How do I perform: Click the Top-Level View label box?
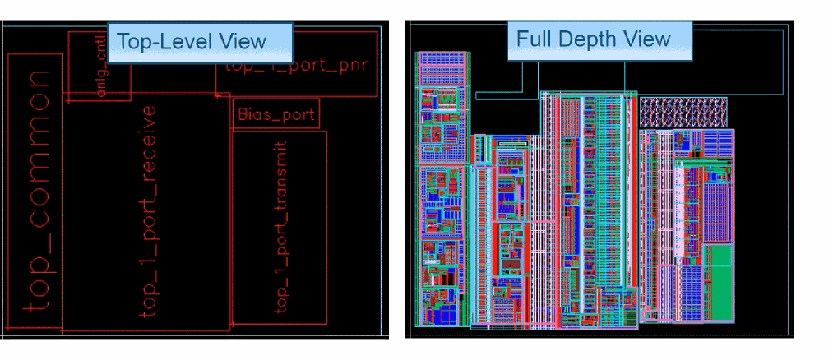click(x=200, y=42)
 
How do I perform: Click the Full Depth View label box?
click(x=599, y=40)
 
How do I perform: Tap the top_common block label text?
click(x=37, y=192)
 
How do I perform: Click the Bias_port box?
click(x=275, y=114)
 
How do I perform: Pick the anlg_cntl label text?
click(x=102, y=72)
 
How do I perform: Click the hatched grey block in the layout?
click(x=683, y=112)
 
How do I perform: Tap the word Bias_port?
click(x=275, y=114)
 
